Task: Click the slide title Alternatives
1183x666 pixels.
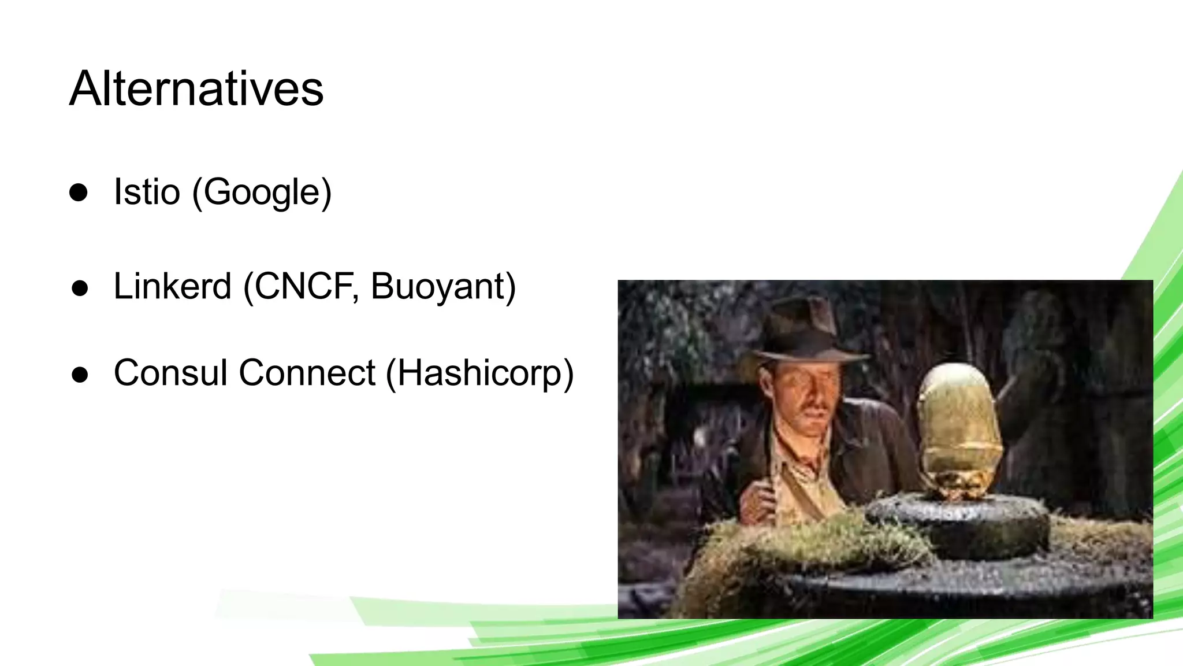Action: (x=196, y=89)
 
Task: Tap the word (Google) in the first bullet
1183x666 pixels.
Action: (x=262, y=193)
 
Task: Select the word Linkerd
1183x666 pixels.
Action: (x=172, y=286)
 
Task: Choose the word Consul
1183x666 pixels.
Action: (x=171, y=372)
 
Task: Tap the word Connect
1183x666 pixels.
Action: (x=307, y=372)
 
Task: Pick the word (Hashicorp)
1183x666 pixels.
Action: (x=479, y=373)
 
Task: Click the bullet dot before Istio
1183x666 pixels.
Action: (x=79, y=193)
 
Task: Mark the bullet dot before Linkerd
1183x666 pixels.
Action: (x=80, y=287)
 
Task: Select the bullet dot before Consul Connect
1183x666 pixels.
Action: (x=80, y=374)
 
